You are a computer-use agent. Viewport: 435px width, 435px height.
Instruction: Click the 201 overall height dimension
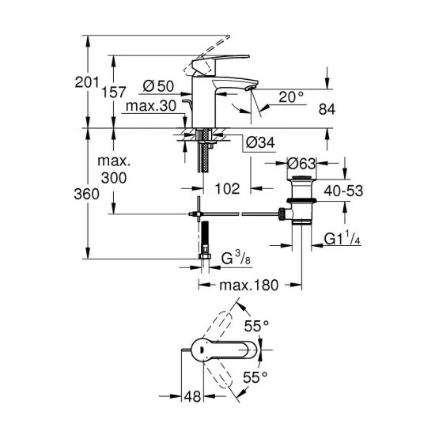[x=87, y=82]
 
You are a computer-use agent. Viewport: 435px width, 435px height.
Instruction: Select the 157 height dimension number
[x=114, y=92]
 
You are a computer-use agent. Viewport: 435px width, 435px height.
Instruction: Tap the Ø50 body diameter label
[x=158, y=86]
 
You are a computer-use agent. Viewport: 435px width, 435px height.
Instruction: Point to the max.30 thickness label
[x=151, y=106]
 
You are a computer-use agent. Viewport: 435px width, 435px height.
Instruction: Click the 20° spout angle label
[x=291, y=97]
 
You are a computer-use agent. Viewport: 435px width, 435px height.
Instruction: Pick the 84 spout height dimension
[x=327, y=109]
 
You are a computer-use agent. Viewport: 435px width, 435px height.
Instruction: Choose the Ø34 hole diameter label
[x=260, y=143]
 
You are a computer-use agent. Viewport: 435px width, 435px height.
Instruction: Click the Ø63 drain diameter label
[x=301, y=164]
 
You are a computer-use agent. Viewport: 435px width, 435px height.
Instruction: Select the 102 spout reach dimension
[x=227, y=189]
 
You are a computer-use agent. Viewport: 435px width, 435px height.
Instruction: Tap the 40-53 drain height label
[x=343, y=191]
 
